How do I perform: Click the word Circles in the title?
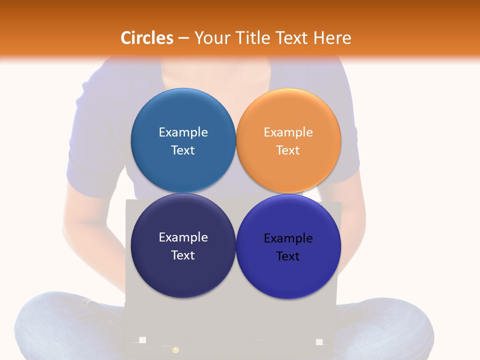[146, 38]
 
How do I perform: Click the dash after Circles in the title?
[183, 38]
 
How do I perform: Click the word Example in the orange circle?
[288, 132]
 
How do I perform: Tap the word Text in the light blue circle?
[183, 150]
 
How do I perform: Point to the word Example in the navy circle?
[183, 237]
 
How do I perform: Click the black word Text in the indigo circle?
[288, 256]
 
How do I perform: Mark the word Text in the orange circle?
[288, 150]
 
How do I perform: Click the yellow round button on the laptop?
[175, 350]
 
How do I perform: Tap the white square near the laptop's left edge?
[142, 340]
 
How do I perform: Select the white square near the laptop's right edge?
[319, 341]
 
